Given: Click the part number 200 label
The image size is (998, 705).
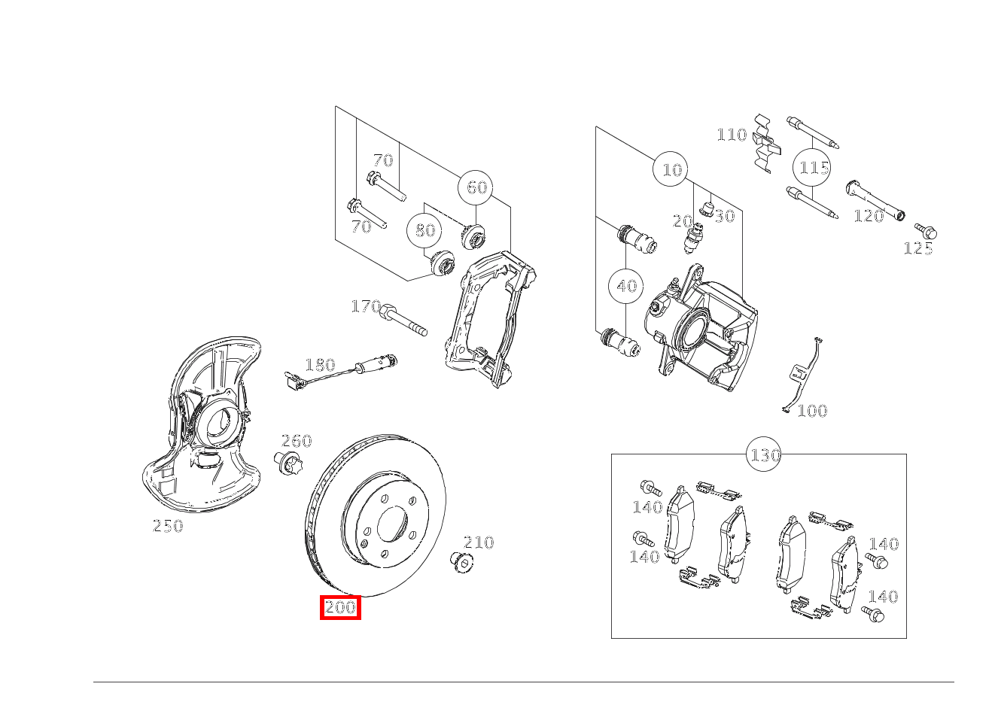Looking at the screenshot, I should (x=340, y=607).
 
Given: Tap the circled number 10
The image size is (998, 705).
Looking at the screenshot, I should (x=671, y=170).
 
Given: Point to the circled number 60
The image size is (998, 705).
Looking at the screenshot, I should (x=476, y=187).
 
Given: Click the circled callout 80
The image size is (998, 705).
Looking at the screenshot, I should (x=425, y=230).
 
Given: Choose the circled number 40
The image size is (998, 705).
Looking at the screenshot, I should (x=626, y=286).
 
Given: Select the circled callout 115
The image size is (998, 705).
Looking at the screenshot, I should (x=814, y=167).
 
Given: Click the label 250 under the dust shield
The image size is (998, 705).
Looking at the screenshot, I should (x=168, y=527).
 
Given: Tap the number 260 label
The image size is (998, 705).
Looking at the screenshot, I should (x=296, y=441).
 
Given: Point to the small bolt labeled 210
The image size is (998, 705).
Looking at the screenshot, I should (x=461, y=561).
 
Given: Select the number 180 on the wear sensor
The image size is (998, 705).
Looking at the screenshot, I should (x=319, y=365).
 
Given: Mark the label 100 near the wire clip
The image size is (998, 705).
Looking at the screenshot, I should (x=811, y=411).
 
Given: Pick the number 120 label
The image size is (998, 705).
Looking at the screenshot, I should (x=868, y=217).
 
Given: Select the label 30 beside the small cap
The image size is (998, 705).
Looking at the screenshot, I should (x=724, y=217).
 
